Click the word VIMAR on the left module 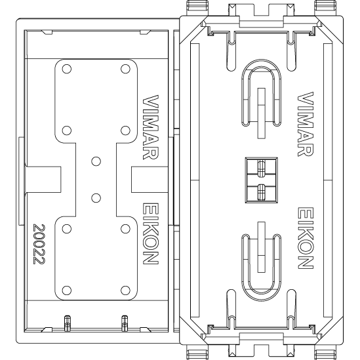click(x=151, y=127)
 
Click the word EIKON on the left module click(x=151, y=233)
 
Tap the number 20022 click(x=39, y=244)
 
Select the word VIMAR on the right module click(x=306, y=124)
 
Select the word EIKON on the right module click(x=306, y=238)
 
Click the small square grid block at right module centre click(x=261, y=180)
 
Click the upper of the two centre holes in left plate click(x=96, y=161)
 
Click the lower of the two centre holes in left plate click(x=96, y=198)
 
